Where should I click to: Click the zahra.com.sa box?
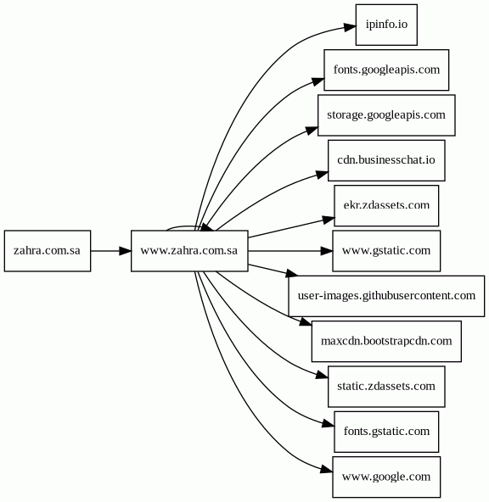[48, 251]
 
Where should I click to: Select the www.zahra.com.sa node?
[189, 251]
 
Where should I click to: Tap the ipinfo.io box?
[386, 25]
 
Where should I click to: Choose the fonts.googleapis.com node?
[386, 70]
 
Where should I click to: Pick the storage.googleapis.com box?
[386, 115]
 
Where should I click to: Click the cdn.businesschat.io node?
[386, 160]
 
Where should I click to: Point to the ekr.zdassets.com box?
[386, 205]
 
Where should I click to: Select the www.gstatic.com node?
[386, 251]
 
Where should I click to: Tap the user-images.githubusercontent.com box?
[386, 296]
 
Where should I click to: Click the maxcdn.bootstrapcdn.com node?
[386, 341]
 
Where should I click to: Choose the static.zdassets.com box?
[386, 387]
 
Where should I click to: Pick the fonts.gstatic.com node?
[386, 432]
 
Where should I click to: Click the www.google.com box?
[386, 477]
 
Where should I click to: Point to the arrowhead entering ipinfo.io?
[350, 27]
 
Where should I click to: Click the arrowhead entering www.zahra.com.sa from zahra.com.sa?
[126, 251]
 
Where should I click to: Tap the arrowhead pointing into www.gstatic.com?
[327, 251]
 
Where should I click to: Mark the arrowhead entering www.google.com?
[327, 469]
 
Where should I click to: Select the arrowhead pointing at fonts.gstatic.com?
[329, 424]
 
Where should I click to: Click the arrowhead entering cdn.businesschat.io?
[323, 175]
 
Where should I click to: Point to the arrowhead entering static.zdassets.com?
[323, 375]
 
